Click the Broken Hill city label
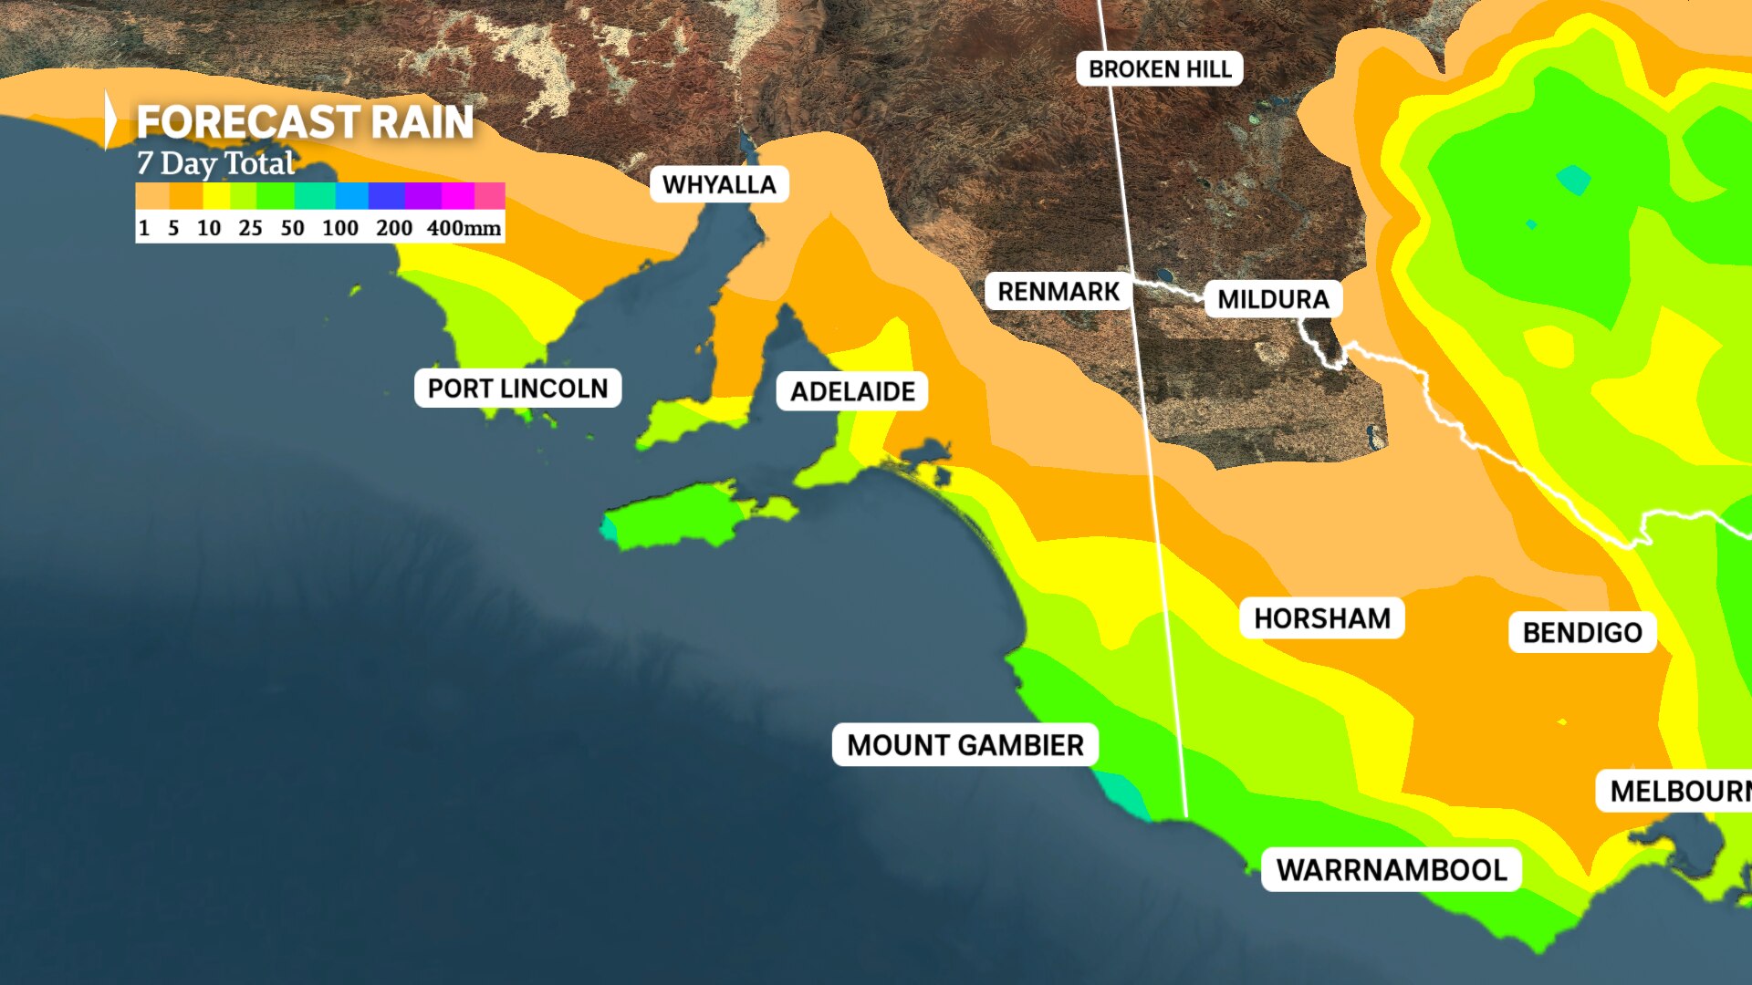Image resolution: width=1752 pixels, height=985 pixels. [x=1159, y=69]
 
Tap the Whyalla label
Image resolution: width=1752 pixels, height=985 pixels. [x=719, y=185]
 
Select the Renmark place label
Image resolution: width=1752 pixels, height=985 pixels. [x=1058, y=292]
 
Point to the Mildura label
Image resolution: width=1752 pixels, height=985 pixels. [x=1273, y=300]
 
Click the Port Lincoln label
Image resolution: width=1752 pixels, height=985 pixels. [x=517, y=389]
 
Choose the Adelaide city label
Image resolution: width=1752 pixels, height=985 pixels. [x=852, y=392]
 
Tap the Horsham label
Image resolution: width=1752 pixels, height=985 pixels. [x=1321, y=618]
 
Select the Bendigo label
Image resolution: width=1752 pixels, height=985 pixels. [x=1582, y=633]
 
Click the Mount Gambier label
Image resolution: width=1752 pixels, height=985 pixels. [x=965, y=745]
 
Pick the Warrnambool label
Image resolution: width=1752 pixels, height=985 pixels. [x=1391, y=870]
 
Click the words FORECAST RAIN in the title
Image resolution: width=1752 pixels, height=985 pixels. [x=305, y=122]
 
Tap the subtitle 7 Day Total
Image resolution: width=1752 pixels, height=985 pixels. [x=215, y=163]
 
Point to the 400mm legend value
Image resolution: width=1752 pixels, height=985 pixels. [x=464, y=228]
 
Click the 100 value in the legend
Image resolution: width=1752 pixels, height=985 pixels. [x=339, y=228]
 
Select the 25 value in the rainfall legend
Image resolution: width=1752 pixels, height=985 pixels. [x=250, y=228]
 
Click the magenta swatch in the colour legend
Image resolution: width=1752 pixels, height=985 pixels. [x=458, y=196]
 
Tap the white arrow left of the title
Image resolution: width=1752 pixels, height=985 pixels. [x=110, y=119]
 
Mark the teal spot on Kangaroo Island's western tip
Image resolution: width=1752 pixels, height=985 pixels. [x=608, y=527]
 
